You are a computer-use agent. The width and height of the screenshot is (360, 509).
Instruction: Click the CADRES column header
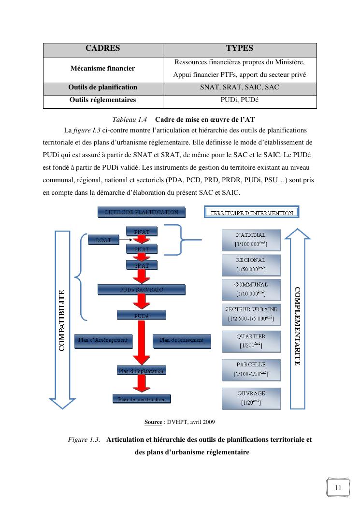[x=102, y=49]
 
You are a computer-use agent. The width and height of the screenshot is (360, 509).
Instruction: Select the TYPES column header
[x=239, y=49]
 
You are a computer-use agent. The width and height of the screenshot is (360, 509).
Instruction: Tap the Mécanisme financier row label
[x=102, y=69]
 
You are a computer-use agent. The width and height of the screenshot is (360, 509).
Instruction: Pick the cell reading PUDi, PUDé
[x=239, y=100]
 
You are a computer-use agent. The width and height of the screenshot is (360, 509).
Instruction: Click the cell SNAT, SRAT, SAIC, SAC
[x=239, y=87]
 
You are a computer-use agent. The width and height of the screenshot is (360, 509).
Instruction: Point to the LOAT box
[x=103, y=240]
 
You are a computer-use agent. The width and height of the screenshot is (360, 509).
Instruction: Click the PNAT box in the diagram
[x=141, y=232]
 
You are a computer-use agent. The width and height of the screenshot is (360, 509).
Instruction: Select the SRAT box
[x=141, y=265]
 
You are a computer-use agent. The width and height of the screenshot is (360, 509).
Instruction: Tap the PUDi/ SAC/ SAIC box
[x=141, y=289]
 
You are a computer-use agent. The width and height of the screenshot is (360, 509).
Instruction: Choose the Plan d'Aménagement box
[x=103, y=340]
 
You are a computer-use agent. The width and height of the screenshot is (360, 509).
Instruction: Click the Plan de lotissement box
[x=182, y=340]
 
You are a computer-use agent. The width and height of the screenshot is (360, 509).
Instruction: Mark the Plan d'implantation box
[x=141, y=371]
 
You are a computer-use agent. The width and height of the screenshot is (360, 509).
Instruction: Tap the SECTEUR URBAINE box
[x=251, y=314]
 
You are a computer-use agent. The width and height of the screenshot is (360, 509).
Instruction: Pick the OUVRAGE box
[x=251, y=398]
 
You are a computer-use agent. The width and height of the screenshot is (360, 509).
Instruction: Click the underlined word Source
[x=153, y=422]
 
